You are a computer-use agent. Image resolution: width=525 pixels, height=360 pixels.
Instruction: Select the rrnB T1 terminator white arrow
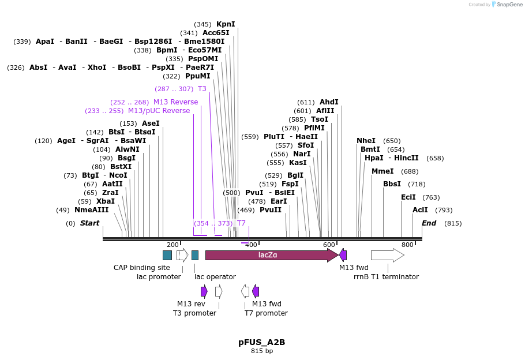[x=387, y=255]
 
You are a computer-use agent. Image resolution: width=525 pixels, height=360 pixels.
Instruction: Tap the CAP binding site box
[x=167, y=255]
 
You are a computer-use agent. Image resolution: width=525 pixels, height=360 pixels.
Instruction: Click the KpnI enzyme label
[x=226, y=24]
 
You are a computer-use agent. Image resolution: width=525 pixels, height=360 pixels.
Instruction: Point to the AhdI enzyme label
[x=329, y=102]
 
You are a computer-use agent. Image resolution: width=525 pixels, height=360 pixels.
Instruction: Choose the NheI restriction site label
[x=366, y=141]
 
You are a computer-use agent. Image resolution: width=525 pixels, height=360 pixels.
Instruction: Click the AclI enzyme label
[x=420, y=210]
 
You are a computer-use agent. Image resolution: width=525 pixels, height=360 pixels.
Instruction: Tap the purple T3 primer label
[x=202, y=89]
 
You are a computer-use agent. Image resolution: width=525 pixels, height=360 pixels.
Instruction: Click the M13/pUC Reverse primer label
[x=159, y=111]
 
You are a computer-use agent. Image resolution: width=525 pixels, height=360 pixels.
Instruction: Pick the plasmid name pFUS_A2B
[x=262, y=342]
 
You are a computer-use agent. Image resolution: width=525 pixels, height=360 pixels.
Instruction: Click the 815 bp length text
[x=262, y=351]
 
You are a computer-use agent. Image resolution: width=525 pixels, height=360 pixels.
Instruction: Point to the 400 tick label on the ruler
[x=251, y=245]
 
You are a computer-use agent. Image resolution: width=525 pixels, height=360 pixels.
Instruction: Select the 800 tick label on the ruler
[x=407, y=245]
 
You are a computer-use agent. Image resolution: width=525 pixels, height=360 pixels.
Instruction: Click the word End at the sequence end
[x=429, y=223]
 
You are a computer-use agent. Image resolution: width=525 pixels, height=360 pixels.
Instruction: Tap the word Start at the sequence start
[x=89, y=223]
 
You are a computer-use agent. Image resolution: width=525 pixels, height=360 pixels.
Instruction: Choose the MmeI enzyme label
[x=382, y=171]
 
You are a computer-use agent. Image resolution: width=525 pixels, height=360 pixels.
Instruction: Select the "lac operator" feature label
[x=215, y=277]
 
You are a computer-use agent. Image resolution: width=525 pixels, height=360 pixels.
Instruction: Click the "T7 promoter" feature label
[x=266, y=313]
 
